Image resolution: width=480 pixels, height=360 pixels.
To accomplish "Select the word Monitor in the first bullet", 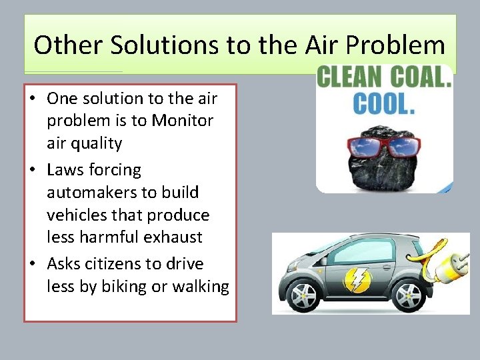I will point(182,121).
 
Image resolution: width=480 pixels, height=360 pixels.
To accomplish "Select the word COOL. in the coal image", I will point(385,104).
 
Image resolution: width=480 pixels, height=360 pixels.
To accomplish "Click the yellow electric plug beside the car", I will point(448,267).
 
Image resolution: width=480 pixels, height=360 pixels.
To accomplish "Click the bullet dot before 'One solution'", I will point(32,99).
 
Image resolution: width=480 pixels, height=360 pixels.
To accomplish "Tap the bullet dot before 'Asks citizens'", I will point(32,265).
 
